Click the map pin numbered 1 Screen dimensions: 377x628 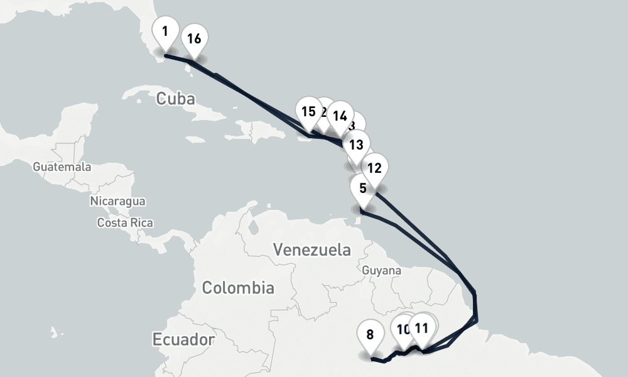click(165, 32)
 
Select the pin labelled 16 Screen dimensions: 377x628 click(194, 39)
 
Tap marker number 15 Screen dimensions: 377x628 click(308, 112)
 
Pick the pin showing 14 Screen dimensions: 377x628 click(340, 116)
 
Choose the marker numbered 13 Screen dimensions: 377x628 click(356, 145)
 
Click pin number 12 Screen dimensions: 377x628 click(374, 168)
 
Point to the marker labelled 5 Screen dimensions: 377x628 click(363, 188)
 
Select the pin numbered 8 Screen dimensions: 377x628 click(370, 334)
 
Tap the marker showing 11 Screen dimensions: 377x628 click(422, 328)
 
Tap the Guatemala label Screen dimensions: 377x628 click(62, 167)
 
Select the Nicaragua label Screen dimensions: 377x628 click(118, 201)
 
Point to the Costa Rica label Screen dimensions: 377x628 click(125, 222)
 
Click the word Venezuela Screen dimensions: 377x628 click(312, 249)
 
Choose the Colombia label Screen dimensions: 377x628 click(238, 288)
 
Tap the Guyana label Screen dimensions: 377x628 click(382, 270)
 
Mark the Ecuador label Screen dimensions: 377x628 click(183, 339)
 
